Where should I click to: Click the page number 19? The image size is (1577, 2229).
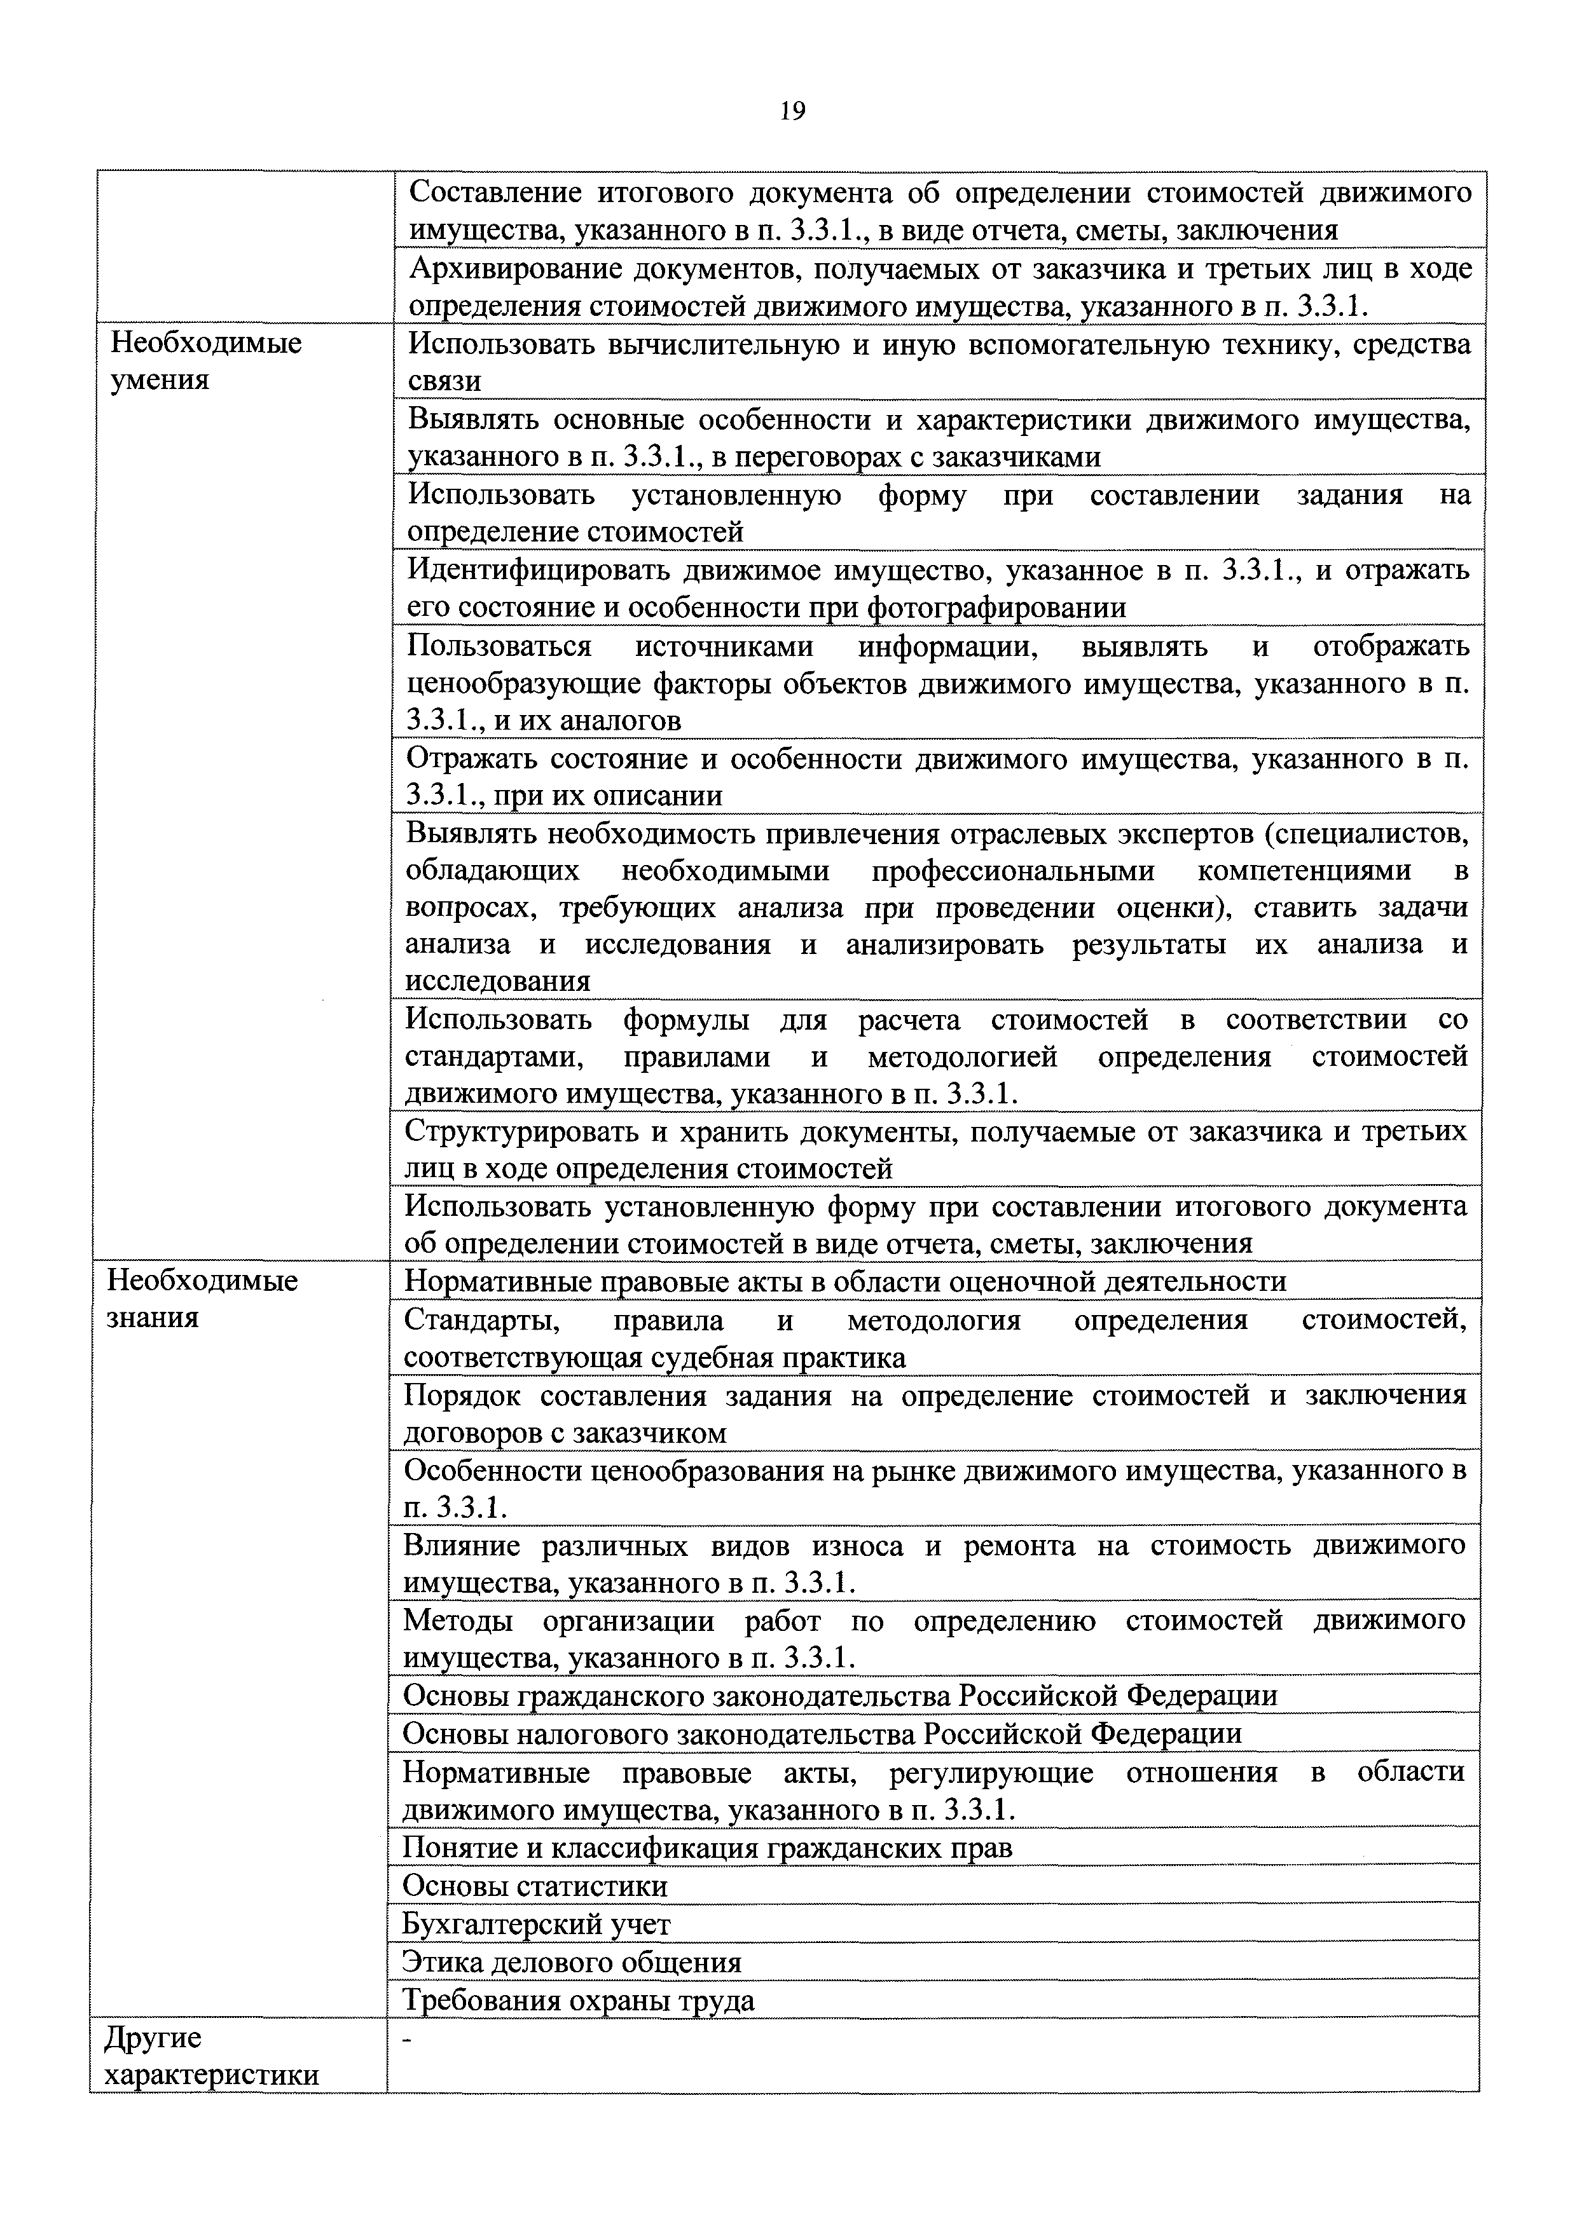(x=792, y=112)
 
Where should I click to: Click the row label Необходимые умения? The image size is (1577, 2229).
(x=206, y=361)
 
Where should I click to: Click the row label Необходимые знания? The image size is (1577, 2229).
(x=202, y=1299)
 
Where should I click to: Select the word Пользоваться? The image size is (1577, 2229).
(x=499, y=646)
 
